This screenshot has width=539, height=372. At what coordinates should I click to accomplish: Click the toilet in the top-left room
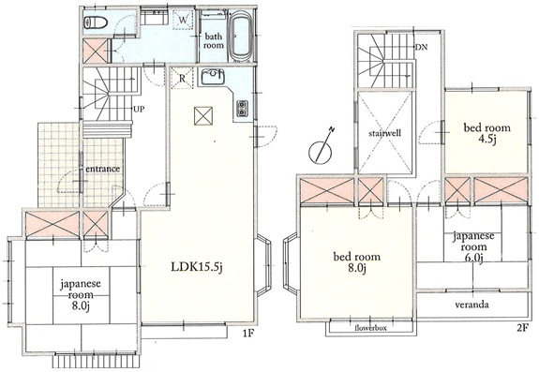(x=96, y=22)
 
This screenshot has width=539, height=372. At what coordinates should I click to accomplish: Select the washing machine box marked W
(x=183, y=20)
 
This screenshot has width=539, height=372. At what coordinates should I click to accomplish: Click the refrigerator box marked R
(x=182, y=79)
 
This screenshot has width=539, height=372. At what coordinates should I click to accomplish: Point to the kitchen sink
(x=213, y=77)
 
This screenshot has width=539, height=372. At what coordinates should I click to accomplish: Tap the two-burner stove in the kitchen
(x=242, y=108)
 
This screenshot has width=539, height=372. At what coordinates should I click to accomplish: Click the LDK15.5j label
(x=197, y=267)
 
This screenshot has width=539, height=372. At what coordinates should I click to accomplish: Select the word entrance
(x=103, y=169)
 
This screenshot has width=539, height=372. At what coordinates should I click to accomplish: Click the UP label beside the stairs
(x=139, y=110)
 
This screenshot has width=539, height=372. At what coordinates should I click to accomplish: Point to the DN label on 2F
(x=421, y=48)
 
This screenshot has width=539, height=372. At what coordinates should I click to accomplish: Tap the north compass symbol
(x=322, y=146)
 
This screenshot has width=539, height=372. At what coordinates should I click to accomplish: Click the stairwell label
(x=384, y=133)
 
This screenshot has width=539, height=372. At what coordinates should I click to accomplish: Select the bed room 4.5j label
(x=487, y=134)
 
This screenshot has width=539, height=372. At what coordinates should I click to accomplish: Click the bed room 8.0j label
(x=357, y=261)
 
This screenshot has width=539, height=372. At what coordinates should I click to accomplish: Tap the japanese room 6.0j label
(x=473, y=246)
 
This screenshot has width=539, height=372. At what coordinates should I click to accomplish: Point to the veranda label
(x=472, y=305)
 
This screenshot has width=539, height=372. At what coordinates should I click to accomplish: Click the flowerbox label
(x=370, y=328)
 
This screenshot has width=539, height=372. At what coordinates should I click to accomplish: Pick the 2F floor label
(x=522, y=328)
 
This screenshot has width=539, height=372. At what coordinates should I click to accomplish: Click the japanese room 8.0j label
(x=81, y=295)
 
